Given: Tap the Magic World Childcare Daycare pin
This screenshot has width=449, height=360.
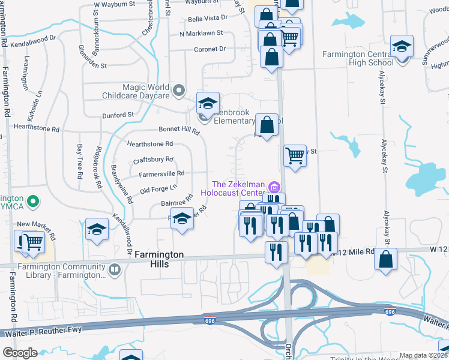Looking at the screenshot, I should pyautogui.click(x=178, y=91).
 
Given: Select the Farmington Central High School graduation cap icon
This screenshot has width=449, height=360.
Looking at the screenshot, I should pyautogui.click(x=402, y=47).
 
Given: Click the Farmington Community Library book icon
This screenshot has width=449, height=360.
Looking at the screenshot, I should pyautogui.click(x=113, y=271).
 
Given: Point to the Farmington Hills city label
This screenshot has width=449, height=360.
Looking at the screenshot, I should pyautogui.click(x=158, y=254).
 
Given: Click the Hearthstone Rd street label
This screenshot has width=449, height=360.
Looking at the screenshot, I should pyautogui.click(x=150, y=144).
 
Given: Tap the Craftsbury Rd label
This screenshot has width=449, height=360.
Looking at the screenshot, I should pyautogui.click(x=153, y=160).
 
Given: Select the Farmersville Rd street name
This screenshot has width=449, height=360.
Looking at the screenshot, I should pyautogui.click(x=161, y=173).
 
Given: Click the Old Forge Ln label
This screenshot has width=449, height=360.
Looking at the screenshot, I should pyautogui.click(x=155, y=190).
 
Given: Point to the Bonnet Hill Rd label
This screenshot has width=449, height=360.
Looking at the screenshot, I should pyautogui.click(x=179, y=130).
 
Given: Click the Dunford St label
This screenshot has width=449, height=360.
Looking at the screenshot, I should pyautogui.click(x=117, y=115).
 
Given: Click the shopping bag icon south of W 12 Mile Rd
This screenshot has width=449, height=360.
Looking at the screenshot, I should pyautogui.click(x=386, y=259).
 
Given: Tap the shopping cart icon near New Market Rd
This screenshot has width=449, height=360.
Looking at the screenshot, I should pyautogui.click(x=33, y=242).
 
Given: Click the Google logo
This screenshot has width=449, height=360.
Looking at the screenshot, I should pyautogui.click(x=20, y=353).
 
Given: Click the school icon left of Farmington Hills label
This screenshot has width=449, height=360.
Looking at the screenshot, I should pyautogui.click(x=97, y=230).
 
